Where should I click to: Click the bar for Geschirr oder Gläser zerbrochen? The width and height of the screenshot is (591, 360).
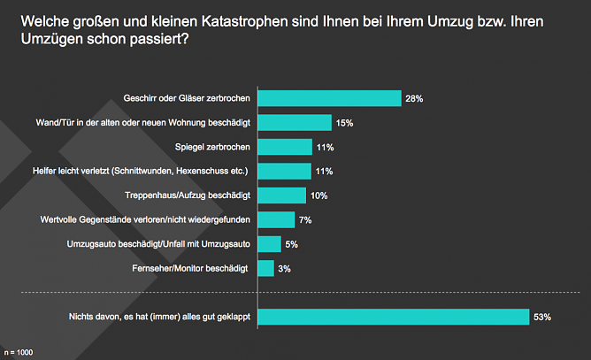tap(328, 98)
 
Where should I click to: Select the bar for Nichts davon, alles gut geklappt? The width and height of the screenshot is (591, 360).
tap(393, 316)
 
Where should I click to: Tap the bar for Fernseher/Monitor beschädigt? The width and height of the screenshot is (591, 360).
tap(265, 267)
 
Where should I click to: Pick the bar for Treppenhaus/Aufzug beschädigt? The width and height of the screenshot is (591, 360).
tap(281, 195)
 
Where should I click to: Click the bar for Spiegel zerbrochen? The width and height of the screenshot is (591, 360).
tap(284, 147)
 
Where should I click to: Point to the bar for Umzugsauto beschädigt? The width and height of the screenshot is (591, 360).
tap(269, 243)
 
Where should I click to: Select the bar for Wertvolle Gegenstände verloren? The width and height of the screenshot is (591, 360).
tap(275, 219)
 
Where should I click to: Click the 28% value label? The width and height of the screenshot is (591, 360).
tap(414, 99)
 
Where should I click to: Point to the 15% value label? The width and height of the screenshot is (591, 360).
tap(344, 123)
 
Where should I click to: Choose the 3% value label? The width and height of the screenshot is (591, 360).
tap(284, 268)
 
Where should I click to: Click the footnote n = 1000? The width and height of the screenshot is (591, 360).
tap(18, 352)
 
